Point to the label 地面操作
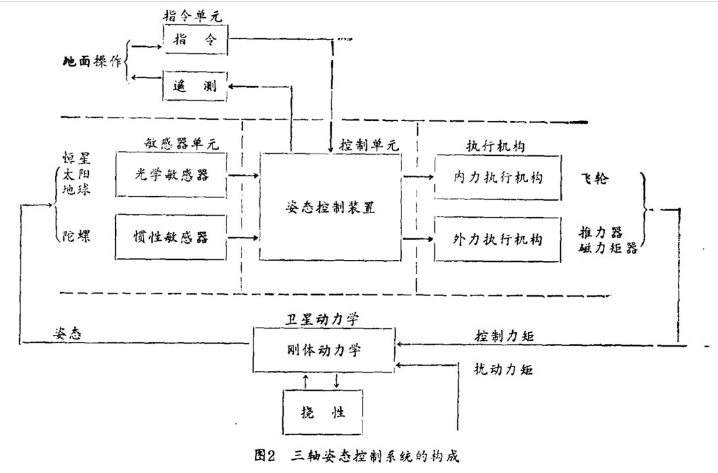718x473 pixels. pyautogui.click(x=92, y=61)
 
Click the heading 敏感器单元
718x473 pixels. pyautogui.click(x=182, y=143)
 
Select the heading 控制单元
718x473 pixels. pyautogui.click(x=369, y=145)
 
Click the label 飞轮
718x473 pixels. pyautogui.click(x=595, y=178)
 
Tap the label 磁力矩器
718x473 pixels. pyautogui.click(x=608, y=248)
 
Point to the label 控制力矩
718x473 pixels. pyautogui.click(x=504, y=336)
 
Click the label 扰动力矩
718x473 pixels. pyautogui.click(x=503, y=369)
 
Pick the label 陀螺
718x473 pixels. pyautogui.click(x=76, y=236)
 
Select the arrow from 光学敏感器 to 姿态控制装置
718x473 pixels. pyautogui.click(x=243, y=175)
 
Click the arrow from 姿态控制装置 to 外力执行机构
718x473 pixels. pyautogui.click(x=418, y=239)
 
